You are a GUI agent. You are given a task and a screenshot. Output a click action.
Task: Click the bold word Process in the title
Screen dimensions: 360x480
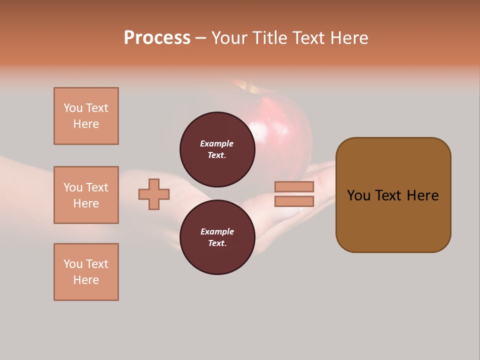click(x=157, y=38)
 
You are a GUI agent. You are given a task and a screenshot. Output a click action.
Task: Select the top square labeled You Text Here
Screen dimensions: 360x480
click(x=86, y=116)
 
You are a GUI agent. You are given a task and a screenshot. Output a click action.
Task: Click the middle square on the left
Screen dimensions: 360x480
click(x=86, y=195)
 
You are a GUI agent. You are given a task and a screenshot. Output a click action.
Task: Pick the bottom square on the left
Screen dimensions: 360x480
click(x=86, y=272)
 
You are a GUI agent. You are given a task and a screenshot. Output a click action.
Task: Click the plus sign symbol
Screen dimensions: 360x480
click(x=154, y=194)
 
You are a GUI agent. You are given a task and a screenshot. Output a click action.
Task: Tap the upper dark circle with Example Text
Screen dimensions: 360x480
click(x=217, y=149)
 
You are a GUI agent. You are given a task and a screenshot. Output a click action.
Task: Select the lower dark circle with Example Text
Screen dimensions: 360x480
click(x=217, y=237)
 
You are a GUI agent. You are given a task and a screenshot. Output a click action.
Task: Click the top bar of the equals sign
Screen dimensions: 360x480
click(x=294, y=186)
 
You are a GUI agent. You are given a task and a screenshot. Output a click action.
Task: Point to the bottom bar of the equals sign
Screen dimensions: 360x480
click(x=294, y=201)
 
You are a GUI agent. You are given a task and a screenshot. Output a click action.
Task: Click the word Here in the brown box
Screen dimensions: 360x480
click(x=422, y=195)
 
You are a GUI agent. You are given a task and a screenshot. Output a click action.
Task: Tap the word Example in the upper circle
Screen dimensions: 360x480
click(x=217, y=143)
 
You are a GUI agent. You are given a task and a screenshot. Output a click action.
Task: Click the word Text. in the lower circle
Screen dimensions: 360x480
click(x=217, y=243)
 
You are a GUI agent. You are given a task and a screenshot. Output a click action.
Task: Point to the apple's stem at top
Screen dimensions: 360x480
click(x=246, y=86)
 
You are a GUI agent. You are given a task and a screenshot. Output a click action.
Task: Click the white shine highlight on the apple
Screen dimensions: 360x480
click(x=258, y=131)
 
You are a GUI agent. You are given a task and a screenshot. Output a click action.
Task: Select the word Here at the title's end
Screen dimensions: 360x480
click(x=350, y=38)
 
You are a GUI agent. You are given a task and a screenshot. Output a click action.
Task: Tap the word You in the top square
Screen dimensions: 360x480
click(x=73, y=108)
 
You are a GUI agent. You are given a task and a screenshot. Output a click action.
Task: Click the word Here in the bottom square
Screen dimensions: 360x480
click(x=86, y=280)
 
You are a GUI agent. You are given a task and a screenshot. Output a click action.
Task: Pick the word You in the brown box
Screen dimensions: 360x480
click(x=359, y=195)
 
